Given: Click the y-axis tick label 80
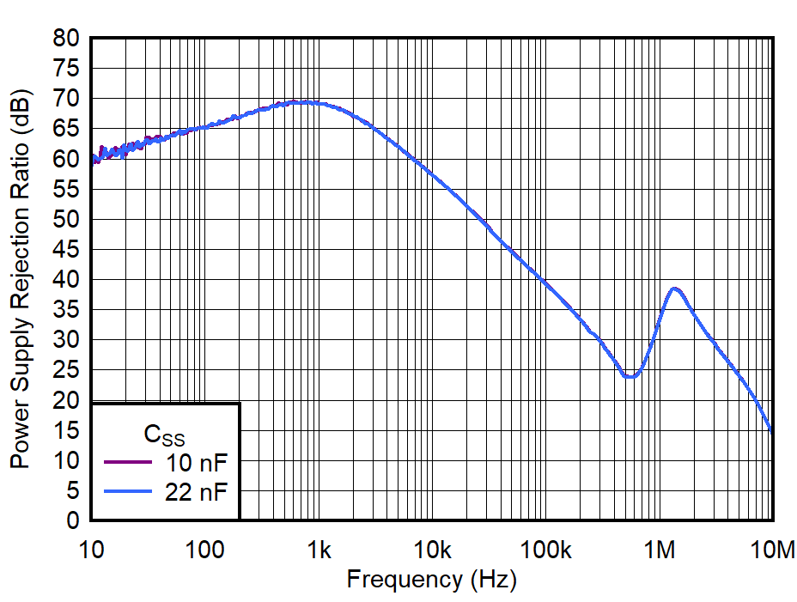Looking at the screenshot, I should tap(68, 39).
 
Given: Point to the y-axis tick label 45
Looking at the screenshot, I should tap(68, 250).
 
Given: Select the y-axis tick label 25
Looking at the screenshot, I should tap(68, 371).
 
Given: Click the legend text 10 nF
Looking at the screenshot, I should tap(198, 465).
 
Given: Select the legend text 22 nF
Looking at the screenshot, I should tap(198, 491).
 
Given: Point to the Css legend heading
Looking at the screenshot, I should tap(163, 435).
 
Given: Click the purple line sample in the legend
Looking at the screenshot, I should tap(127, 464).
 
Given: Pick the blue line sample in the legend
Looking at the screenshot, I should tap(127, 490).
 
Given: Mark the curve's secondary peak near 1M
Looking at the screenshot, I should tap(675, 289).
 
